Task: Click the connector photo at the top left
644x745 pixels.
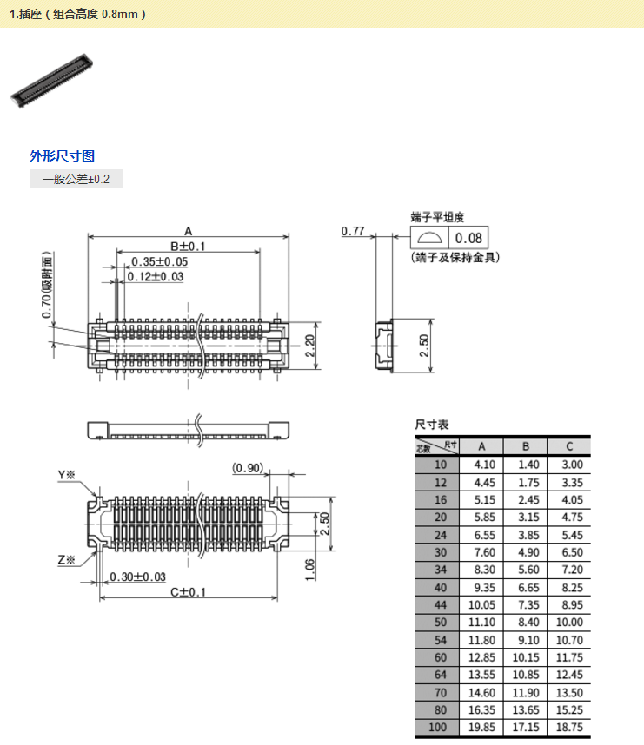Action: pyautogui.click(x=51, y=79)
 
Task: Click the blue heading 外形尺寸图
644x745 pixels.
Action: pyautogui.click(x=62, y=156)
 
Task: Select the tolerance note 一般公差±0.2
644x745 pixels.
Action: pyautogui.click(x=76, y=180)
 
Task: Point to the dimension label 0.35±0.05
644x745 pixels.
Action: pyautogui.click(x=159, y=262)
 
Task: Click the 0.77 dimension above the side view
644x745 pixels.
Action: pyautogui.click(x=352, y=231)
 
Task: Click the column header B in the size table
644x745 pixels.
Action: pyautogui.click(x=525, y=446)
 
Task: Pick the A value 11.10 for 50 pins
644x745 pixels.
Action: pyautogui.click(x=482, y=622)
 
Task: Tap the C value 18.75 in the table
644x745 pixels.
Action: pyautogui.click(x=569, y=728)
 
